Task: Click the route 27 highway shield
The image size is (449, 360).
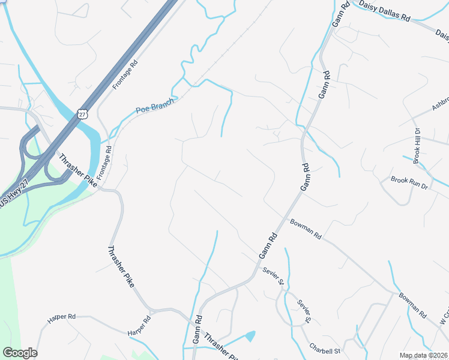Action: pyautogui.click(x=83, y=113)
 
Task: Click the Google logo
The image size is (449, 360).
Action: pyautogui.click(x=20, y=353)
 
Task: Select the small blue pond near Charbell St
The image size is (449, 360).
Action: pyautogui.click(x=250, y=336)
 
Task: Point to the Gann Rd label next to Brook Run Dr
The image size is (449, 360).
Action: pyautogui.click(x=306, y=177)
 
